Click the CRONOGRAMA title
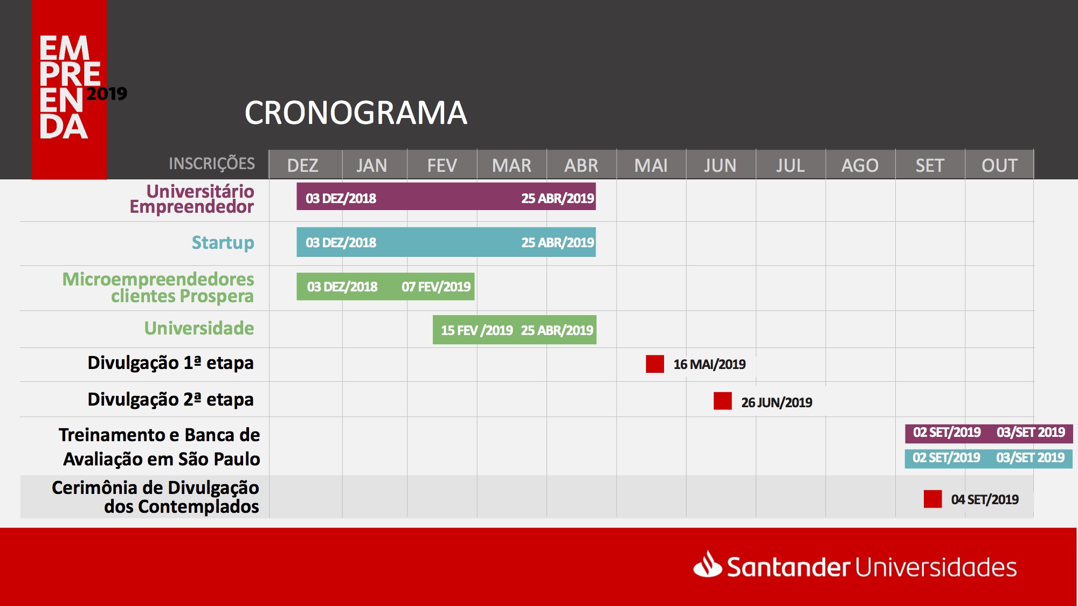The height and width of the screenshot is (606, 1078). click(x=356, y=113)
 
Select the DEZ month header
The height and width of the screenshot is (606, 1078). click(x=303, y=165)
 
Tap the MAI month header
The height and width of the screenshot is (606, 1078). click(x=651, y=165)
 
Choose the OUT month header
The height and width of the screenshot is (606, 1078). click(x=999, y=165)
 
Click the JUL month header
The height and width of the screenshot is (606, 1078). click(x=790, y=165)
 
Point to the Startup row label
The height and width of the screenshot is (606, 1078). click(x=223, y=243)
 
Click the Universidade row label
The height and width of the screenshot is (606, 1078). click(x=199, y=328)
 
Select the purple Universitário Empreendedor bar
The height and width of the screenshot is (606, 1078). click(x=446, y=196)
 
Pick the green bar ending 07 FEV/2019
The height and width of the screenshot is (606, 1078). click(x=385, y=287)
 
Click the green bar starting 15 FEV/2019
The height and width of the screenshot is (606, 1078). click(x=515, y=330)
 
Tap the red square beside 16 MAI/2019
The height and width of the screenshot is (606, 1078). click(x=655, y=364)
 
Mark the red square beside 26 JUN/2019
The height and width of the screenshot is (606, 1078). click(x=723, y=401)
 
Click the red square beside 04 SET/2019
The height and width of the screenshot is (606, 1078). click(x=932, y=499)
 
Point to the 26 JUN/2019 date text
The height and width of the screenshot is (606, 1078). click(x=777, y=402)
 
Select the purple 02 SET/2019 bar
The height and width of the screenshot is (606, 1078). click(x=989, y=433)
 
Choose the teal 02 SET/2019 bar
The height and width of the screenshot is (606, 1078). click(x=989, y=458)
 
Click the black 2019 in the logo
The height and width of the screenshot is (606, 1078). click(x=107, y=94)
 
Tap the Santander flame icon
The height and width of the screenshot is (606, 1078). click(x=707, y=564)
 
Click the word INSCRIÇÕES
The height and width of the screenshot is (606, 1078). click(x=212, y=163)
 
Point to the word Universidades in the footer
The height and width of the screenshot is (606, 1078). click(x=936, y=568)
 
